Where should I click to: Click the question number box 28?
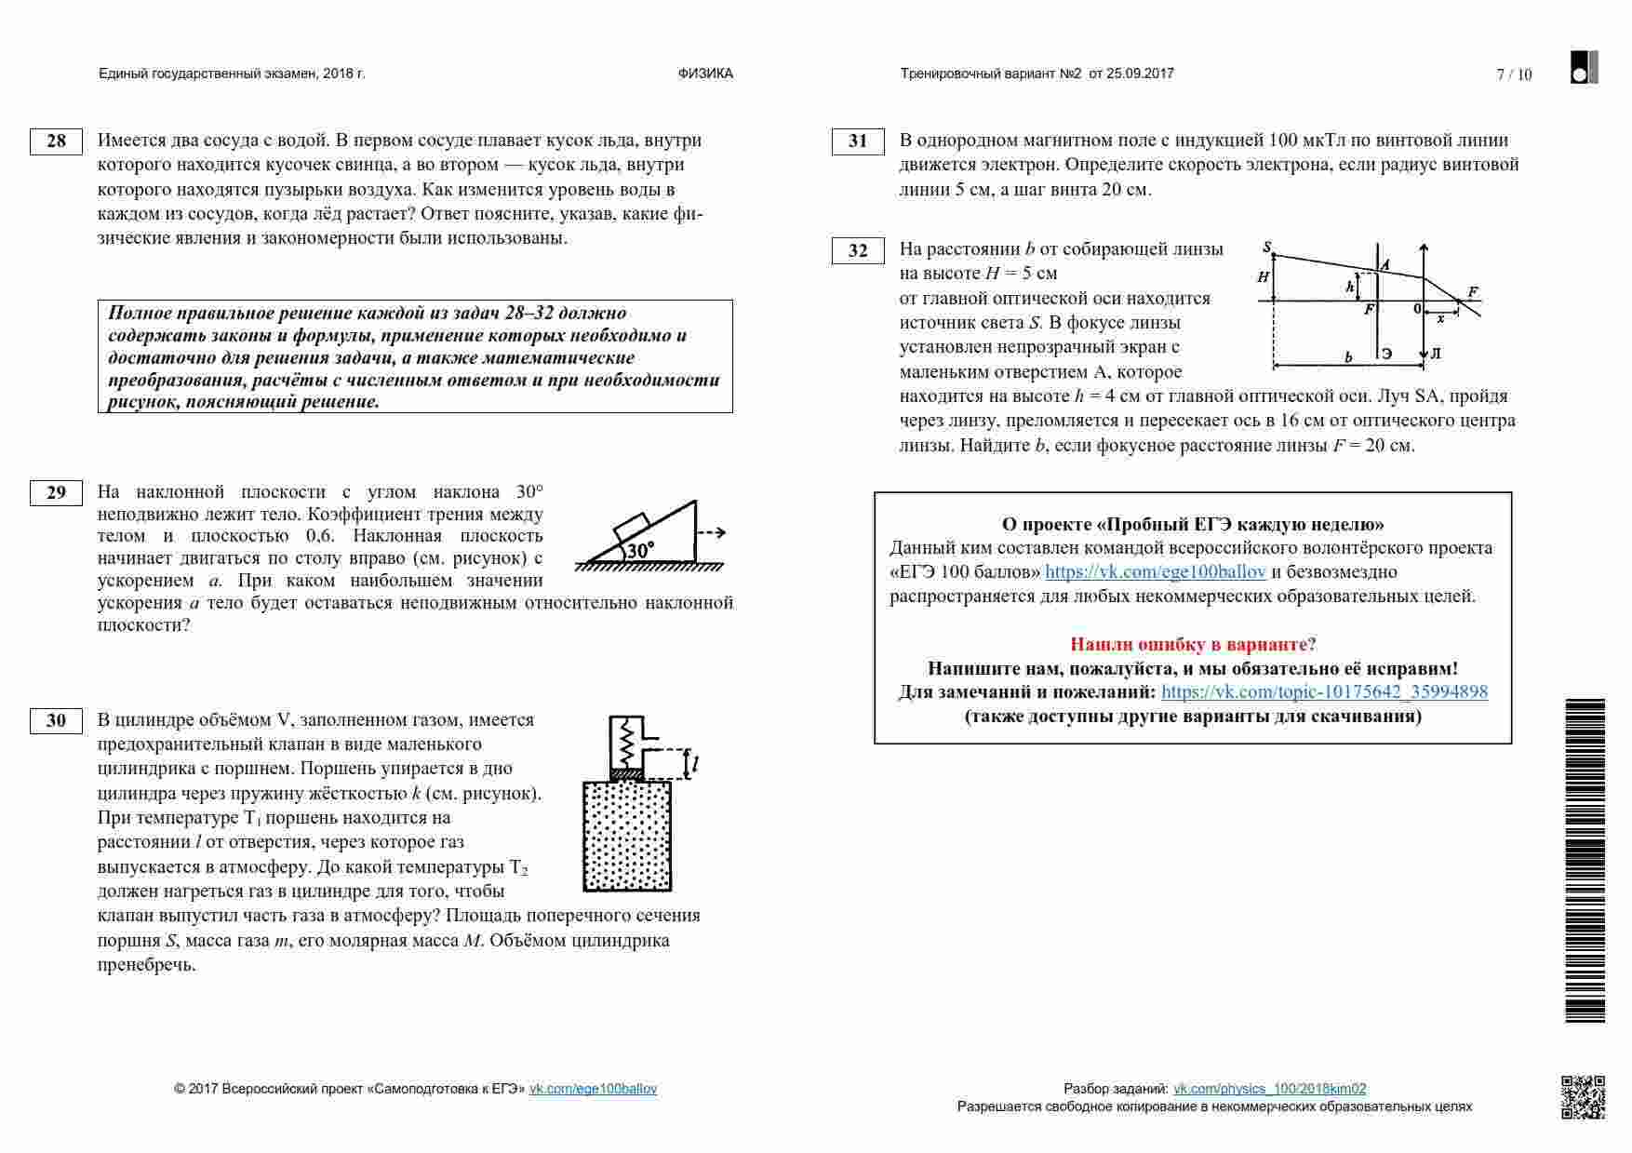pyautogui.click(x=56, y=141)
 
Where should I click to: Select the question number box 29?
pyautogui.click(x=56, y=492)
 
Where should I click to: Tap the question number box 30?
pyautogui.click(x=56, y=720)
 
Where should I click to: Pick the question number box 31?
pyautogui.click(x=857, y=141)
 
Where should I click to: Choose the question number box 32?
pyautogui.click(x=857, y=250)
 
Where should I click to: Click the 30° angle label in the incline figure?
pyautogui.click(x=640, y=550)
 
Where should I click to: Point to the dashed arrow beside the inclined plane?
pyautogui.click(x=712, y=533)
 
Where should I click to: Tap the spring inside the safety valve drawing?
pyautogui.click(x=626, y=741)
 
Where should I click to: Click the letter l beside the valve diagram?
pyautogui.click(x=695, y=765)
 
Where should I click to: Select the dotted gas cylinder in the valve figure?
pyautogui.click(x=626, y=836)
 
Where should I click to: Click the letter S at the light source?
pyautogui.click(x=1266, y=247)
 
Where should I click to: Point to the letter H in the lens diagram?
pyautogui.click(x=1263, y=277)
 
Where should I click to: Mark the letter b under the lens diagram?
pyautogui.click(x=1348, y=356)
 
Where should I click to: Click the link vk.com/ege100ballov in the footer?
pyautogui.click(x=593, y=1089)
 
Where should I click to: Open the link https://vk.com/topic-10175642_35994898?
pyautogui.click(x=1324, y=692)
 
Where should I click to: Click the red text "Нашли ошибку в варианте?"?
pyautogui.click(x=1193, y=644)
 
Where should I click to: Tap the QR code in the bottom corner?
pyautogui.click(x=1583, y=1097)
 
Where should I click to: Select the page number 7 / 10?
pyautogui.click(x=1514, y=74)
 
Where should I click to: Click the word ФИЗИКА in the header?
pyautogui.click(x=705, y=74)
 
